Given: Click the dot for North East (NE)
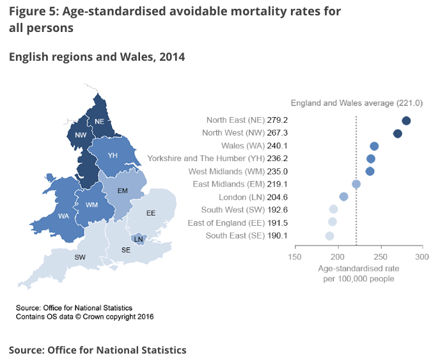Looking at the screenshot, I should coord(406,120).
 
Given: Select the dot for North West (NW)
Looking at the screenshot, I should coord(397,134).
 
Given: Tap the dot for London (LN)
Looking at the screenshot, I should coord(343,197).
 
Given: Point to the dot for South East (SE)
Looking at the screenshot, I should coord(329,236).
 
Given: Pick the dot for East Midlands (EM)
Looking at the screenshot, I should coord(356,184).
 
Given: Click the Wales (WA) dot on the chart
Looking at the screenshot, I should coord(374,146).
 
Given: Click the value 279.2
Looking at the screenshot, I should coord(278,120).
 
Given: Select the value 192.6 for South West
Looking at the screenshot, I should coord(278,210).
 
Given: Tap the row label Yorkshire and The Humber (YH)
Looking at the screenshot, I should coord(205,159).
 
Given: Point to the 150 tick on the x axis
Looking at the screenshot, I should coord(294,257).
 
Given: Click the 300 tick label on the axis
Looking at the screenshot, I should coord(421,257).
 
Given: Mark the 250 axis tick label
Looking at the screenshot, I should coord(379,257).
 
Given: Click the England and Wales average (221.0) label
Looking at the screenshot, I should coord(356,103).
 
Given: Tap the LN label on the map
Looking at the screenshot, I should coord(138,239).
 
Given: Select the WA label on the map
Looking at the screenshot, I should coord(63,216).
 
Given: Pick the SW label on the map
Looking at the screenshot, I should coord(80,257).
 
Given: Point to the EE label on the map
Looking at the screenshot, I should coord(151,213).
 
